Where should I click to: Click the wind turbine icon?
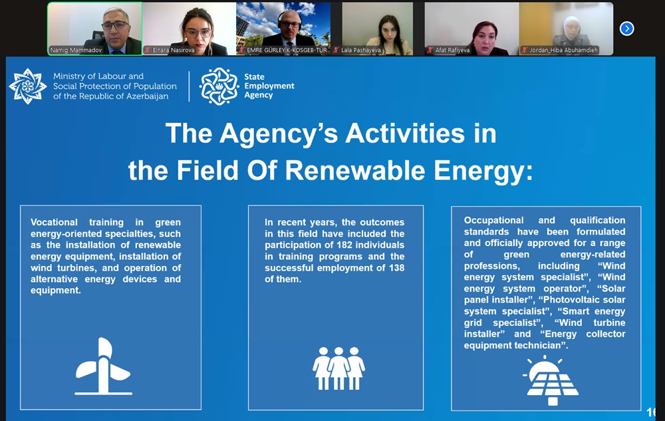point(103,366)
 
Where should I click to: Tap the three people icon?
point(338,368)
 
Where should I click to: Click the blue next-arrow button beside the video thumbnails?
point(626,29)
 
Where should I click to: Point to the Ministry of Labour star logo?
point(27,86)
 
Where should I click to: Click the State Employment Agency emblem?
point(219,86)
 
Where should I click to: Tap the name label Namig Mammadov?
point(76,50)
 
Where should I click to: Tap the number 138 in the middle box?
point(396,268)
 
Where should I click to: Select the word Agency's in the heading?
point(279,134)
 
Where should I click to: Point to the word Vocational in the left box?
point(54,222)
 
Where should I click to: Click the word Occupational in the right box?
point(493,220)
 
